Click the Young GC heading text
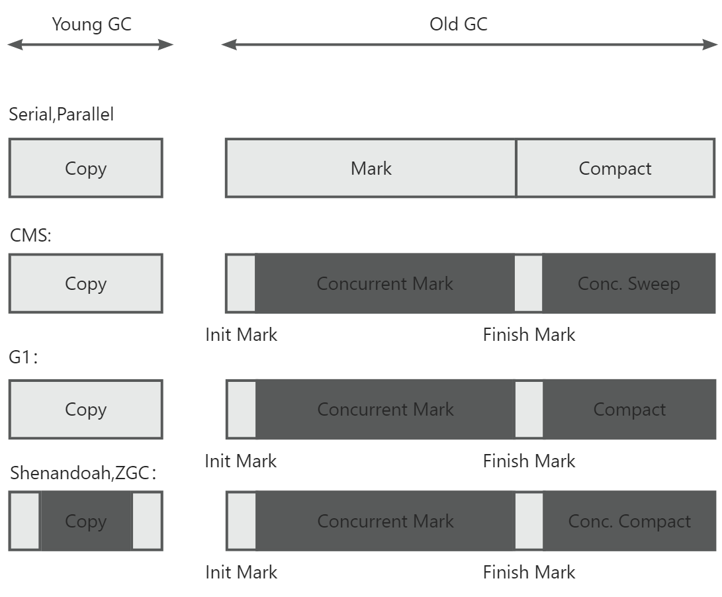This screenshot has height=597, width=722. click(91, 24)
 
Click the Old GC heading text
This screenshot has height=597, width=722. click(458, 24)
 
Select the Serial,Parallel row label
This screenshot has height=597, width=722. click(61, 115)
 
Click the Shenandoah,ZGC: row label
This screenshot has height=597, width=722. click(83, 473)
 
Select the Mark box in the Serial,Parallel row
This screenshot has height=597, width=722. click(371, 168)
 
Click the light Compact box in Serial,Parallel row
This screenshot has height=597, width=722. click(615, 168)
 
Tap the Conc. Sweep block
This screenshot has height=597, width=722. click(628, 283)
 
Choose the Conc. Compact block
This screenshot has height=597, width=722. click(629, 521)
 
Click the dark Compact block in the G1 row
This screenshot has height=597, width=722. click(629, 409)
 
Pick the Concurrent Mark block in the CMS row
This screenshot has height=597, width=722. click(384, 283)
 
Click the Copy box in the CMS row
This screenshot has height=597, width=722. click(85, 283)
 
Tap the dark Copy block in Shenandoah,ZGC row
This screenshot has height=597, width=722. click(86, 521)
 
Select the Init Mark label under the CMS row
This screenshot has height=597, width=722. click(241, 334)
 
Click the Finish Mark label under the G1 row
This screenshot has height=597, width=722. click(529, 461)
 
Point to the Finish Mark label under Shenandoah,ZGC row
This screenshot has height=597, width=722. click(529, 572)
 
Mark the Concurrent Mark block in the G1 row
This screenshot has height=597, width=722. click(385, 409)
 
